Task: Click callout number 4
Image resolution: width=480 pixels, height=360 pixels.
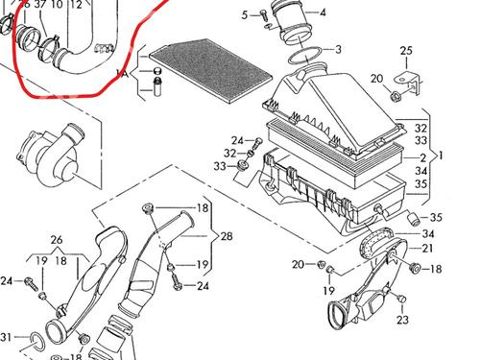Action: [323, 12]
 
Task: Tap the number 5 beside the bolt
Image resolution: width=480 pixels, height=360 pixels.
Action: [245, 15]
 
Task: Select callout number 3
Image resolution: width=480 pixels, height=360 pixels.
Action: [338, 49]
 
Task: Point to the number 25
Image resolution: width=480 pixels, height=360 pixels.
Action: [406, 51]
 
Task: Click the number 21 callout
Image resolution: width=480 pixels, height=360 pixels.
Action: [426, 248]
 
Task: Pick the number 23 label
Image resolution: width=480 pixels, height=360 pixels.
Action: [402, 320]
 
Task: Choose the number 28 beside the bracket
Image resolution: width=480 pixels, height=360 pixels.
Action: [227, 236]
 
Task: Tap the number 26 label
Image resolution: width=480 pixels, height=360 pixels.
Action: [57, 240]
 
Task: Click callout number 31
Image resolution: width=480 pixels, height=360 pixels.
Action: [6, 337]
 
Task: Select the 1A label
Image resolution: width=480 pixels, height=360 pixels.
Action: [122, 74]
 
